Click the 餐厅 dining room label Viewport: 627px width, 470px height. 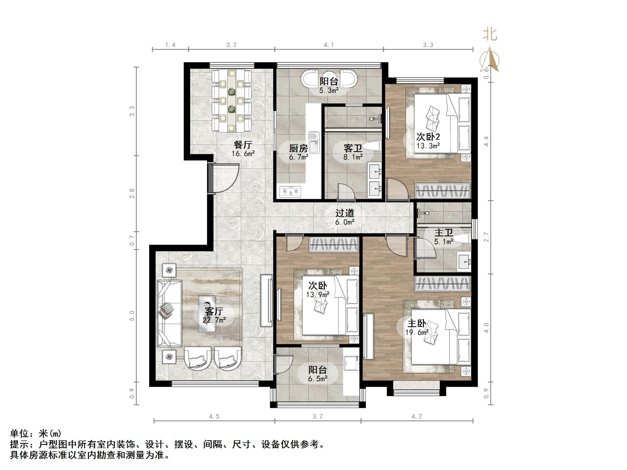(243, 145)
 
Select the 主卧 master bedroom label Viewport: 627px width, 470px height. (417, 323)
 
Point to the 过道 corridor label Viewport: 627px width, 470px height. (345, 213)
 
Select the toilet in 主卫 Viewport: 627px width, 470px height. (463, 238)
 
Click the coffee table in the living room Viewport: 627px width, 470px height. (207, 314)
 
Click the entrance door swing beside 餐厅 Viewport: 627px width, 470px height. (224, 179)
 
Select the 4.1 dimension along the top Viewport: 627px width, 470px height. (329, 45)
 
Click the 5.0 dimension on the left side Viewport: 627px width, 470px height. (132, 316)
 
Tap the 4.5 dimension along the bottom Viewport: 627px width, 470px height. (214, 416)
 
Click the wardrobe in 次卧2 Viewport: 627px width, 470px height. (443, 191)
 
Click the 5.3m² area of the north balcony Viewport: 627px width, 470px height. (329, 91)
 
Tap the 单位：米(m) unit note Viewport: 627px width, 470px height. (35, 433)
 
